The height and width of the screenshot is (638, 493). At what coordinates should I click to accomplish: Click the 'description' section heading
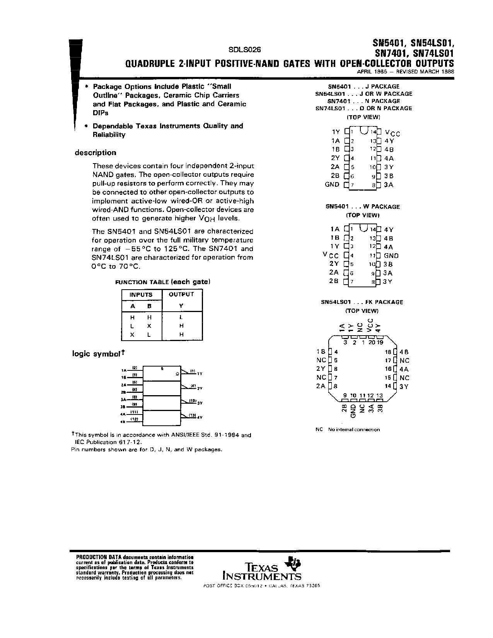(x=96, y=153)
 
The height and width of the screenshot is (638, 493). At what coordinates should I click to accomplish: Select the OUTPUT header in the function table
(x=181, y=294)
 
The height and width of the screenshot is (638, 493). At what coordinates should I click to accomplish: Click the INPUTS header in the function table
(x=141, y=295)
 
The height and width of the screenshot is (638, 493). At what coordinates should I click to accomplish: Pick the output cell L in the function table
(x=181, y=317)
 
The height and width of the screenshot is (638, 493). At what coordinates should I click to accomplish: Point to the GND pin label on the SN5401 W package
(x=391, y=256)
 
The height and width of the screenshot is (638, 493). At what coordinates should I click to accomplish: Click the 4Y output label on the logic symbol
(x=200, y=417)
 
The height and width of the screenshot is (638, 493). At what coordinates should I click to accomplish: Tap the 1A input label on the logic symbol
(x=124, y=370)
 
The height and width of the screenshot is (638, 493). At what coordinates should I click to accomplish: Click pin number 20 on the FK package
(x=372, y=342)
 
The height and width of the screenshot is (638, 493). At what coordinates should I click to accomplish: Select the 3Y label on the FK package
(x=404, y=386)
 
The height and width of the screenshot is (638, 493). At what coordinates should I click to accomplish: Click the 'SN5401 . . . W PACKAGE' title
(x=363, y=206)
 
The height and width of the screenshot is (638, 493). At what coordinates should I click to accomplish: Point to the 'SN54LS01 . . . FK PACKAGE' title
(x=362, y=302)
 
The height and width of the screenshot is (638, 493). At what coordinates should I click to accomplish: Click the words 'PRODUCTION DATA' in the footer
(x=90, y=555)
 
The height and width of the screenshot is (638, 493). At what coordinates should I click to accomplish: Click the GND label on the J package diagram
(x=332, y=184)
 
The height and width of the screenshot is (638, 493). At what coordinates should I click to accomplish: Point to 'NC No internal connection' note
(x=348, y=430)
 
